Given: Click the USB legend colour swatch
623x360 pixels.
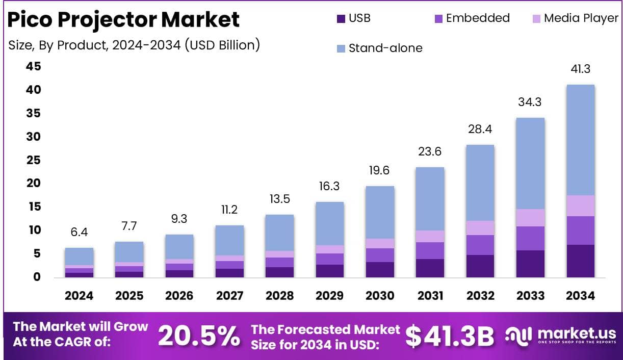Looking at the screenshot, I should point(341,18).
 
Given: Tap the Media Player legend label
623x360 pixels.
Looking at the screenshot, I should point(581,18).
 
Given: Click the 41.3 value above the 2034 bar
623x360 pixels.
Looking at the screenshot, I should point(580,69).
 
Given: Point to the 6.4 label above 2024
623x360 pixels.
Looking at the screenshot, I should point(79,233).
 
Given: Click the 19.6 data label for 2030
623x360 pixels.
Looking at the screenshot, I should point(379,170).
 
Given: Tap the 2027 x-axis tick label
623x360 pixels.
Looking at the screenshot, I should point(229,296).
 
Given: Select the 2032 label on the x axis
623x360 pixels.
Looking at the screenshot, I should point(479,296).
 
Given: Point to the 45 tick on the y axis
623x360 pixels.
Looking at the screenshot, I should point(34,67).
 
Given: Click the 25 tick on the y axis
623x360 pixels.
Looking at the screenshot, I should point(34,160).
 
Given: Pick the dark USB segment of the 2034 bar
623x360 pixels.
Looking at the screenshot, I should point(580,261).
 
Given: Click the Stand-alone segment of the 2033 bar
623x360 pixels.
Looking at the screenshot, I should point(530,163).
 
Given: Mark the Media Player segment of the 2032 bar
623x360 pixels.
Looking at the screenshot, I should point(479,227).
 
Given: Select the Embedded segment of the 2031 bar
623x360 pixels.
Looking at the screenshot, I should point(429,250).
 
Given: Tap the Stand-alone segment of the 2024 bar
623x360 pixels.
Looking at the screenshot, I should point(79,256).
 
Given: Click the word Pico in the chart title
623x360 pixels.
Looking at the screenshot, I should point(30,19).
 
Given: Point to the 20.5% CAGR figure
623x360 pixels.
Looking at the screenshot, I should point(199,336).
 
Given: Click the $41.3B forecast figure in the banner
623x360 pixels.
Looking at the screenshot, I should point(450,336).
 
